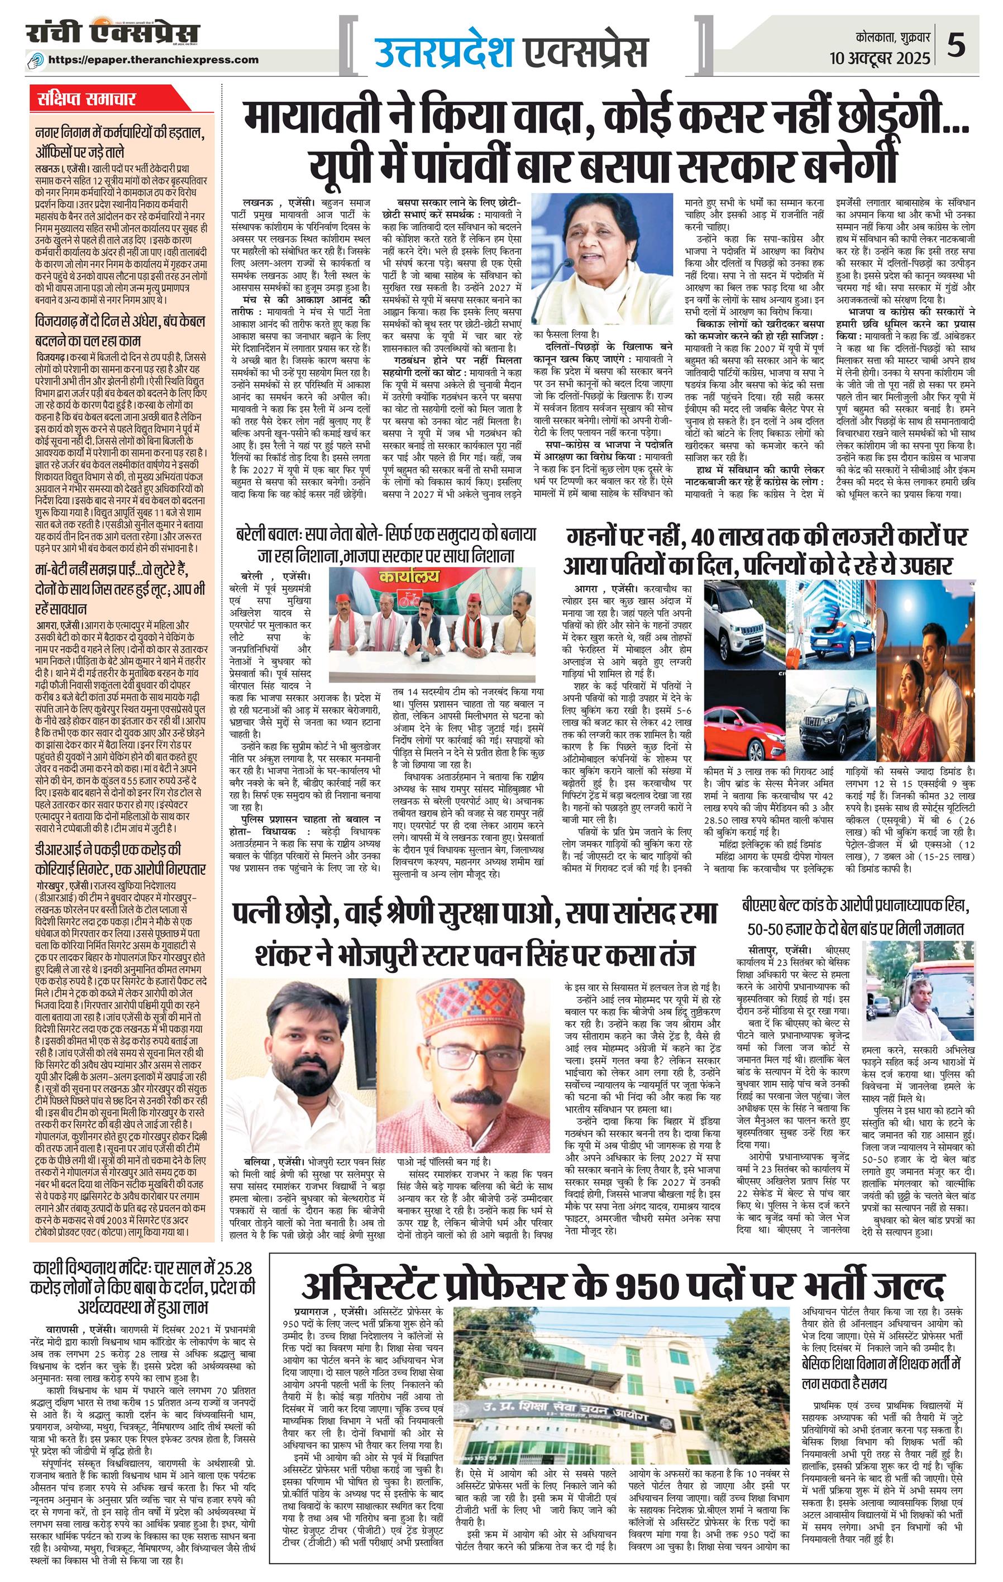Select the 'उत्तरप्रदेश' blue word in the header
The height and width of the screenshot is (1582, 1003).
point(444,53)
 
